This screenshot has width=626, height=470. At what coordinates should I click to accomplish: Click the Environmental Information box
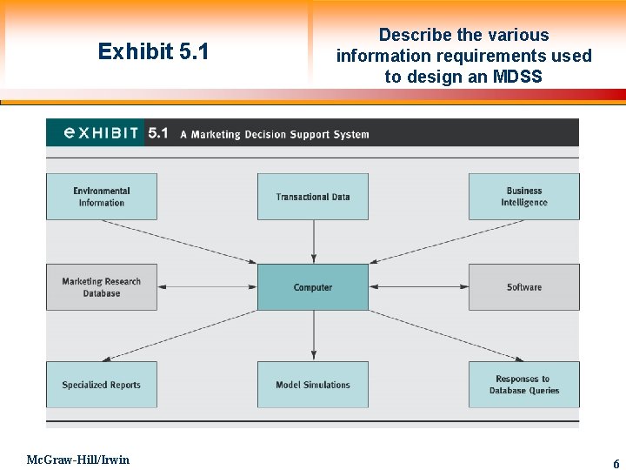(102, 197)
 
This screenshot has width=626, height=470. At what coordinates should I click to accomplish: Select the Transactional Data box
(313, 197)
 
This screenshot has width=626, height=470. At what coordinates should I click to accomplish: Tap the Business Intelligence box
(524, 197)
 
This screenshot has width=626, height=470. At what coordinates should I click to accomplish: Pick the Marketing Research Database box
(102, 287)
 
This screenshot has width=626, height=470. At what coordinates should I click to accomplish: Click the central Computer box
(313, 287)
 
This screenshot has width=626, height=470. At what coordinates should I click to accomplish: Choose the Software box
(524, 287)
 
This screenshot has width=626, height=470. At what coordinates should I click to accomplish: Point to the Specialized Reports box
(102, 385)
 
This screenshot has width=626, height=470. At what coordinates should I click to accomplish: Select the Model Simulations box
(313, 385)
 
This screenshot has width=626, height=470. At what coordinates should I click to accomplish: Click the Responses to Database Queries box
(524, 385)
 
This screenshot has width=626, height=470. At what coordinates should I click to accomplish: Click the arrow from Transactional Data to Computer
(314, 241)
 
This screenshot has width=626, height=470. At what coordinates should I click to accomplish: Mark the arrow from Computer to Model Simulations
(314, 335)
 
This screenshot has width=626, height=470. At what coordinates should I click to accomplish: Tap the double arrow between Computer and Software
(418, 287)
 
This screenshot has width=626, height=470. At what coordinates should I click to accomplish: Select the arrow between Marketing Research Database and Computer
(207, 287)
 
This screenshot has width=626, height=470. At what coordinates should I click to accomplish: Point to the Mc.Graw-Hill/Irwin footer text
(77, 460)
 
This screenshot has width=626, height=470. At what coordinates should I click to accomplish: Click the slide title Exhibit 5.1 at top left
(153, 52)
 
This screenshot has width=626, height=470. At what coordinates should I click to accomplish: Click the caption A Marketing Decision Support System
(275, 135)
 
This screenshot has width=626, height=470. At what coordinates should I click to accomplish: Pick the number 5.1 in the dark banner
(158, 133)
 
